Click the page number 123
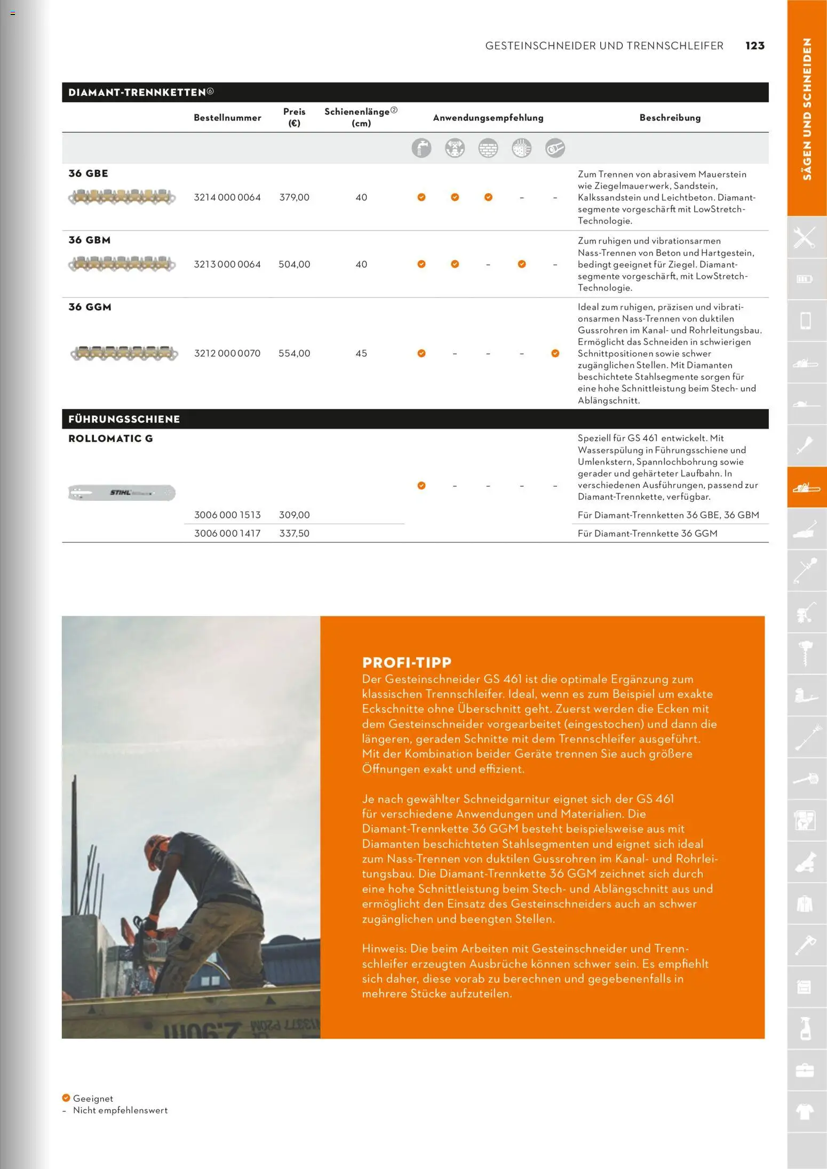755,46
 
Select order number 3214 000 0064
227,197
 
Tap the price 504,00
294,265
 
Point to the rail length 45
361,354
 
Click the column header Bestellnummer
227,118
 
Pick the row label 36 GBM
90,241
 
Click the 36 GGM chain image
124,353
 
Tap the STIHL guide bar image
122,492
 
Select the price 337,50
294,533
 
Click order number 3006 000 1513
227,515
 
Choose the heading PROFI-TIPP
407,663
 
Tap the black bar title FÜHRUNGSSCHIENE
124,420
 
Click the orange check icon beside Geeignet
66,1098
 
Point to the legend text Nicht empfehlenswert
120,1110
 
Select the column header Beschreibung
670,118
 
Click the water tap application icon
421,148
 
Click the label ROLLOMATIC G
110,439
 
